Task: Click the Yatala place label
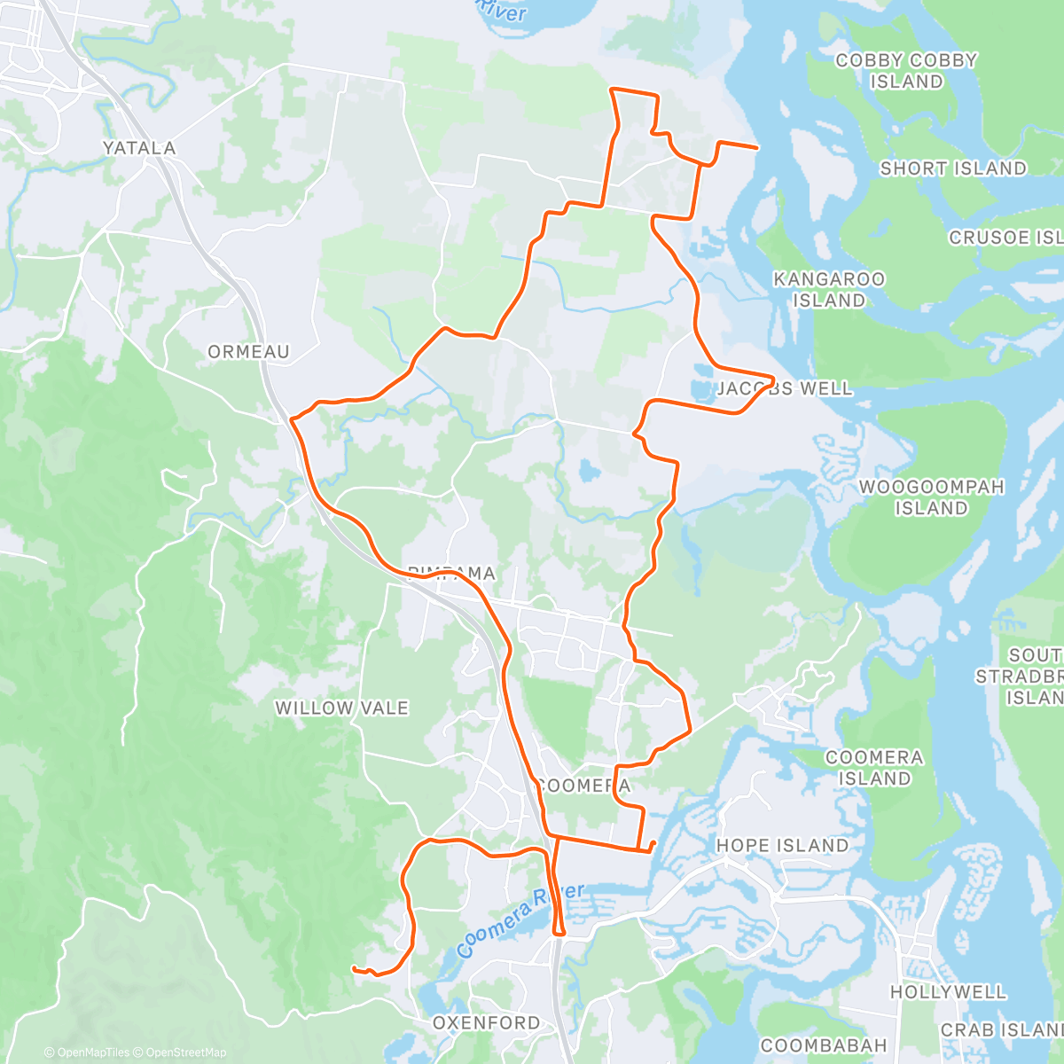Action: [x=139, y=148]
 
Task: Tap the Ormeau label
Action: [x=248, y=352]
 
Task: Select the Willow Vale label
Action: [x=341, y=708]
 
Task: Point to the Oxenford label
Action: [x=486, y=1023]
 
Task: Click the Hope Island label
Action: [x=782, y=846]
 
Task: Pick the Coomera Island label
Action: [x=874, y=768]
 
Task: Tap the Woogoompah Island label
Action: [x=931, y=497]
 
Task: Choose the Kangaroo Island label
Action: [x=829, y=290]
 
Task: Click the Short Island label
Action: [x=952, y=168]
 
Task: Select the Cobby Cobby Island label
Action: [x=906, y=71]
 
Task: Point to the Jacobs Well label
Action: [x=784, y=388]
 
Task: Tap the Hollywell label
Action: [x=948, y=992]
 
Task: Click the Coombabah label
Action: [x=824, y=1045]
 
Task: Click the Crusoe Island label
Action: [x=1005, y=238]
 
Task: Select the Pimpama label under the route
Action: [x=451, y=574]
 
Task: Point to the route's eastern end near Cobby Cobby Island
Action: [x=756, y=147]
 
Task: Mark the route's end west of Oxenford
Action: [x=354, y=968]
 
